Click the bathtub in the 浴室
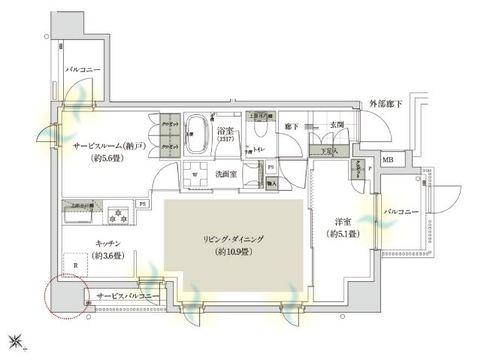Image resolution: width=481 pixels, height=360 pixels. coord(198,135)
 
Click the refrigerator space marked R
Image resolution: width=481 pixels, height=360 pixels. coord(76,265)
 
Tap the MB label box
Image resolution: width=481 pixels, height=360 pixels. coord(389,160)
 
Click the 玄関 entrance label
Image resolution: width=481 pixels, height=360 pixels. coord(336,126)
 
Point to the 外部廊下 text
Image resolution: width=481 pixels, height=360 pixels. coord(386,104)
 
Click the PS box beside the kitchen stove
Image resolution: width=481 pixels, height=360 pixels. coord(141,203)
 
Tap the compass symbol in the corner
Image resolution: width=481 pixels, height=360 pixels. coord(16,343)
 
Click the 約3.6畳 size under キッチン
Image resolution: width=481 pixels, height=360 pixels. coord(110,256)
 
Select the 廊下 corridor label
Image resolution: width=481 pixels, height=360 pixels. coord(292,126)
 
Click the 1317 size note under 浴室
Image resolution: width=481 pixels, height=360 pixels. coord(225,140)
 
